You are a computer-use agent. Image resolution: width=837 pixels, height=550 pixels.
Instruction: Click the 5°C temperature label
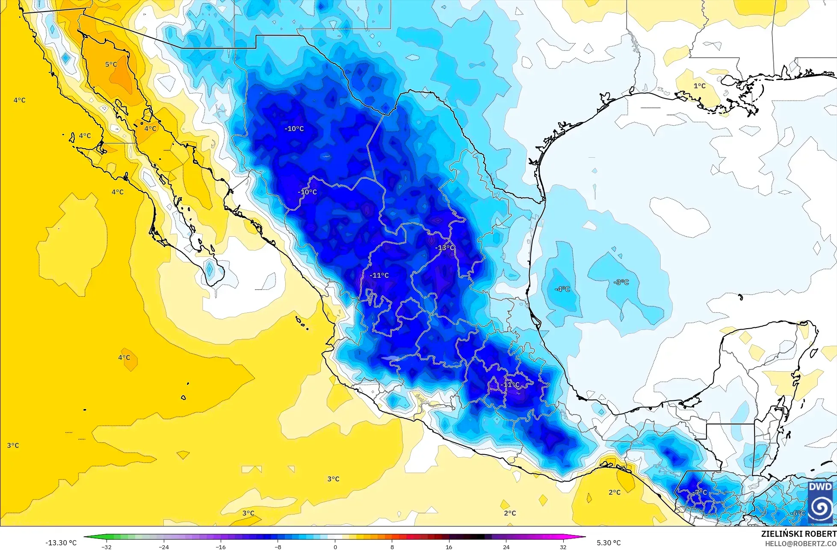point(111,65)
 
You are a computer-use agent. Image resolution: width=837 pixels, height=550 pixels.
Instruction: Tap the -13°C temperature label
point(445,248)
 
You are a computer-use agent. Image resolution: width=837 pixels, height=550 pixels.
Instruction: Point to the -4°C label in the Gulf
point(562,289)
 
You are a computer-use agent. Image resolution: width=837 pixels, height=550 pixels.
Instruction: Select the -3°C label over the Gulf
point(621,282)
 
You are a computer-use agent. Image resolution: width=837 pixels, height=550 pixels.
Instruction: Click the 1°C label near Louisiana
point(700,86)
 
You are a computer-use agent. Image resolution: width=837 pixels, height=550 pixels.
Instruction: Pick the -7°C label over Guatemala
point(701,492)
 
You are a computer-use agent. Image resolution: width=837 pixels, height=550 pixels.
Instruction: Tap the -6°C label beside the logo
point(798,513)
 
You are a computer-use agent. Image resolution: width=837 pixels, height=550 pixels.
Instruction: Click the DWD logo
point(820,503)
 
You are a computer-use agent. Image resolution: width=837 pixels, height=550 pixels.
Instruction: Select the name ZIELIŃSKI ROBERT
point(799,534)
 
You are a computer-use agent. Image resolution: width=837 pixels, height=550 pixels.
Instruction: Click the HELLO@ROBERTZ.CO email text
point(801,543)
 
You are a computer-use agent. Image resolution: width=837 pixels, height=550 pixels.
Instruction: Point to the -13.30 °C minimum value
point(61,543)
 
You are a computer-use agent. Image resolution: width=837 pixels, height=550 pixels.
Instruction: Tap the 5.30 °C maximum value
point(609,543)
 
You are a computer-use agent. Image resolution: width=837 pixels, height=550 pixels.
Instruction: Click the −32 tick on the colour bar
point(106,547)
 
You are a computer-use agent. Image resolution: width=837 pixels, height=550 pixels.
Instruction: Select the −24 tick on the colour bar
point(164,547)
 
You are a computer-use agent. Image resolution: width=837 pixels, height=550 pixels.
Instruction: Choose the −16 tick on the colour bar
point(221,547)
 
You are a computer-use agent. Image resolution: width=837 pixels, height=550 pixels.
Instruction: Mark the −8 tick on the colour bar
point(278,547)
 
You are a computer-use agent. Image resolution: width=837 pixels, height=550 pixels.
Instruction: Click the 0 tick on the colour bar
point(335,547)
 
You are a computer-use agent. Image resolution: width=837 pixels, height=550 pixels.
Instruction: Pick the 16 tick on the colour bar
point(449,547)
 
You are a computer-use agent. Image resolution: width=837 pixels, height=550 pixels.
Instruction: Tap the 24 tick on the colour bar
point(506,547)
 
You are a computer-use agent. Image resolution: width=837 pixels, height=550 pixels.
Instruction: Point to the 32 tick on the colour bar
point(563,547)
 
